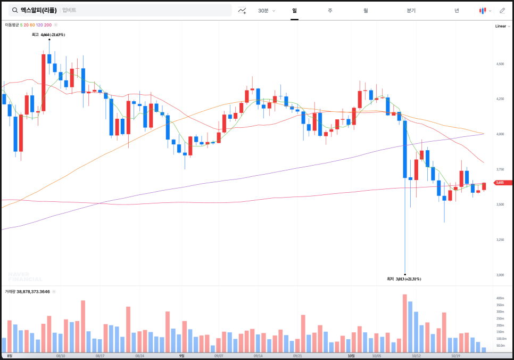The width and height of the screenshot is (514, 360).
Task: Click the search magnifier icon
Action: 15,10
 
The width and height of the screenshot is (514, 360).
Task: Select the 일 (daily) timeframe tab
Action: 294,10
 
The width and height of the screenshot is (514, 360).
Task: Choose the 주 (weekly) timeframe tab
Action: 330,10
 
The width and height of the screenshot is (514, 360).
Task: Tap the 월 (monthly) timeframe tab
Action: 366,10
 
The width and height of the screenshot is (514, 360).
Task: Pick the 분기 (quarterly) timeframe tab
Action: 411,10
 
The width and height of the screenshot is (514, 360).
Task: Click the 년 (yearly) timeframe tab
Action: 457,10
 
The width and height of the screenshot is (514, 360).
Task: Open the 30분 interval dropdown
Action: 266,10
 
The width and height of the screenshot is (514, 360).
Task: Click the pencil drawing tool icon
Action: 502,10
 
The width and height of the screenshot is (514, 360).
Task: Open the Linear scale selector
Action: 501,26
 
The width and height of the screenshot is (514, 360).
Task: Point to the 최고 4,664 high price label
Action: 48,35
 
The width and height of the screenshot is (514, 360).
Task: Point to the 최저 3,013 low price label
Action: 404,279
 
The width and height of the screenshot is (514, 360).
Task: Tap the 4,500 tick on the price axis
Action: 500,64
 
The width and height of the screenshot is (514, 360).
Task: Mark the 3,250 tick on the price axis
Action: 500,240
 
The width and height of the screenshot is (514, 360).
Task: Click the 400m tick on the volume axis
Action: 500,298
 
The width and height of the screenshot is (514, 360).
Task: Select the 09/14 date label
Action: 258,355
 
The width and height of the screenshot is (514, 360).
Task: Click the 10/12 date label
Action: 416,355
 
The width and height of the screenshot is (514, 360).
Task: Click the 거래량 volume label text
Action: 10,291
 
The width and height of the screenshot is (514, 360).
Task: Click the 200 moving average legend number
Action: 48,25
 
